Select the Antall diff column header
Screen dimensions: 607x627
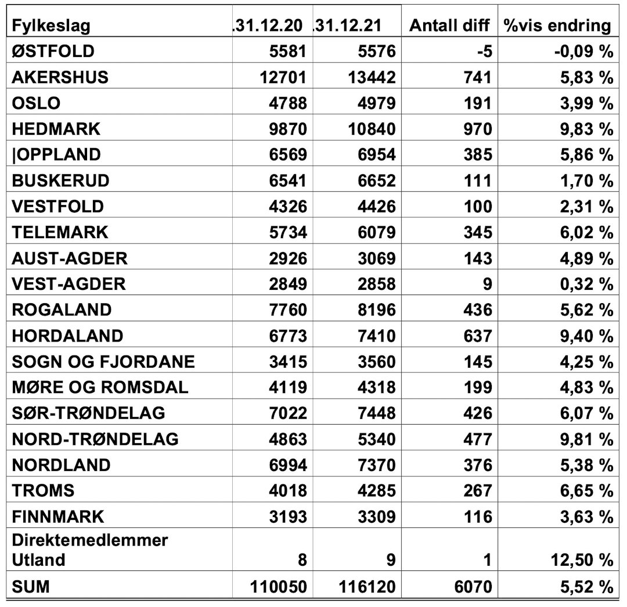point(450,26)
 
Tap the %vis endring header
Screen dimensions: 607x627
point(558,26)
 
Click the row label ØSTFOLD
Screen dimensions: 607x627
point(53,51)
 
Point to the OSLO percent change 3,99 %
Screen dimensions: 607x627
point(586,103)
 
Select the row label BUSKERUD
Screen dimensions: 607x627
point(60,180)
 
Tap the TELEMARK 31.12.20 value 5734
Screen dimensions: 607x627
point(287,232)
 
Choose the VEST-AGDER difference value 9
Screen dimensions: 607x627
point(487,283)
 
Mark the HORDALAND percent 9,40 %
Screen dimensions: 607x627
point(586,335)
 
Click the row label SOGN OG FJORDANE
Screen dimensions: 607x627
point(103,361)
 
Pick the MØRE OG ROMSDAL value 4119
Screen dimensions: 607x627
point(287,387)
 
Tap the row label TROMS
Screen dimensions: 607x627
point(43,490)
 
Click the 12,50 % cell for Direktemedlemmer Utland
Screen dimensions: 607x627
point(581,560)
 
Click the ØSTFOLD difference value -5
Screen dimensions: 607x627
point(483,51)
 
